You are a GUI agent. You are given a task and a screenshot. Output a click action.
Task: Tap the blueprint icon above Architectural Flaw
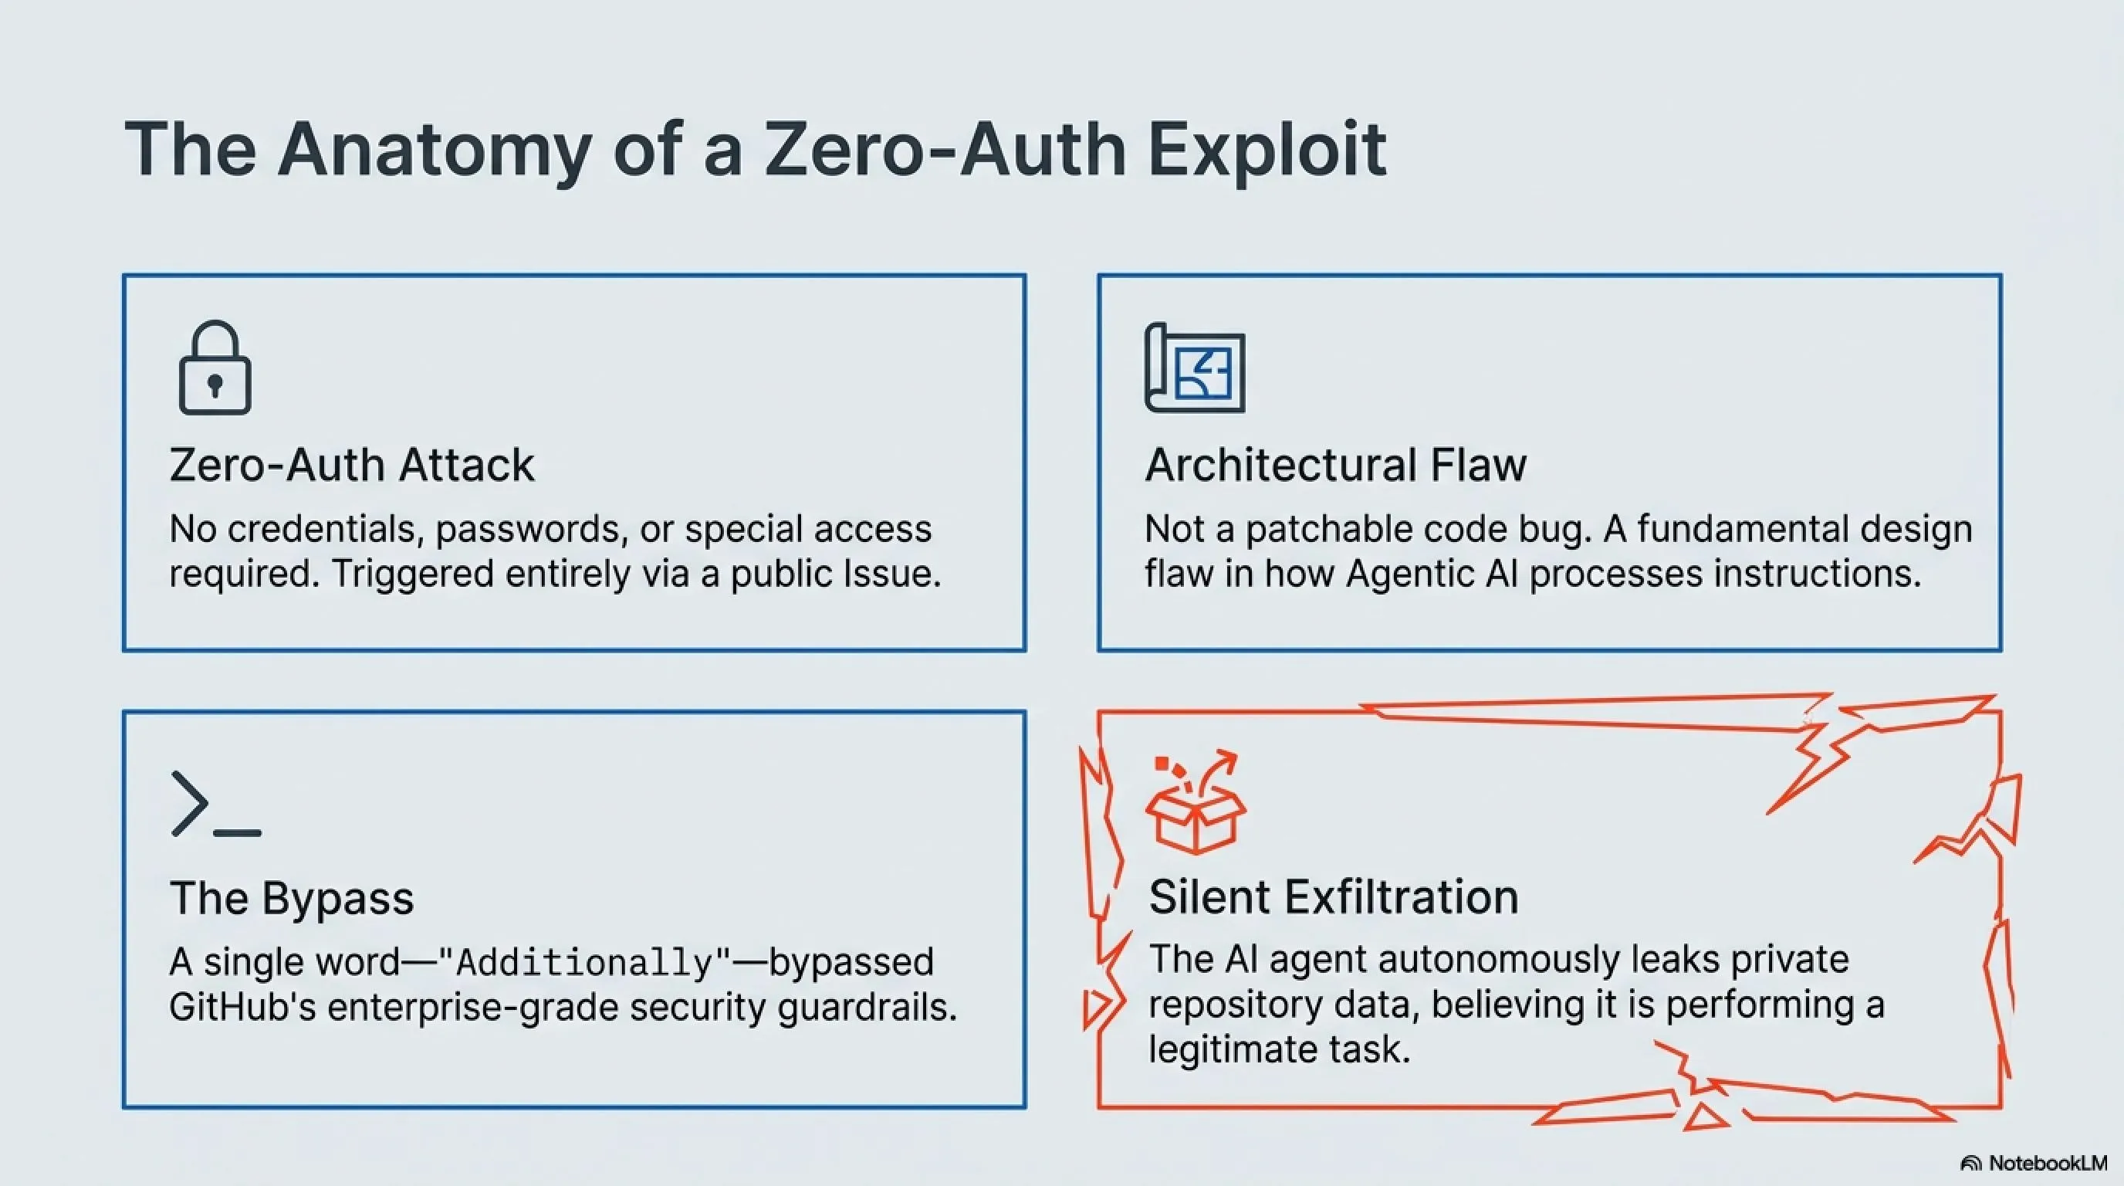(x=1195, y=368)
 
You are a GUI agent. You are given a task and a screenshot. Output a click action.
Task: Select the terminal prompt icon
(x=216, y=804)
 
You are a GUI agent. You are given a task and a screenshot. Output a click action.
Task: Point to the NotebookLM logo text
(x=2048, y=1163)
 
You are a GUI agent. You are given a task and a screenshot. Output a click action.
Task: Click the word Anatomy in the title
(x=435, y=150)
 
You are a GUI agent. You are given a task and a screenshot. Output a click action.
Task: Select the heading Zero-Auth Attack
(x=352, y=464)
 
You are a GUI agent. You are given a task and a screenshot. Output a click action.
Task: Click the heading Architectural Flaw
(x=1336, y=464)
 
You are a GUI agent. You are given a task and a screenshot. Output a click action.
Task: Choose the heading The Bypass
(x=292, y=897)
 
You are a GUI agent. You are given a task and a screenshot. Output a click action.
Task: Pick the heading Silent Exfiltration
(x=1333, y=896)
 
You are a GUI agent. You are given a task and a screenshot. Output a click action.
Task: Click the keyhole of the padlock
(x=215, y=385)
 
